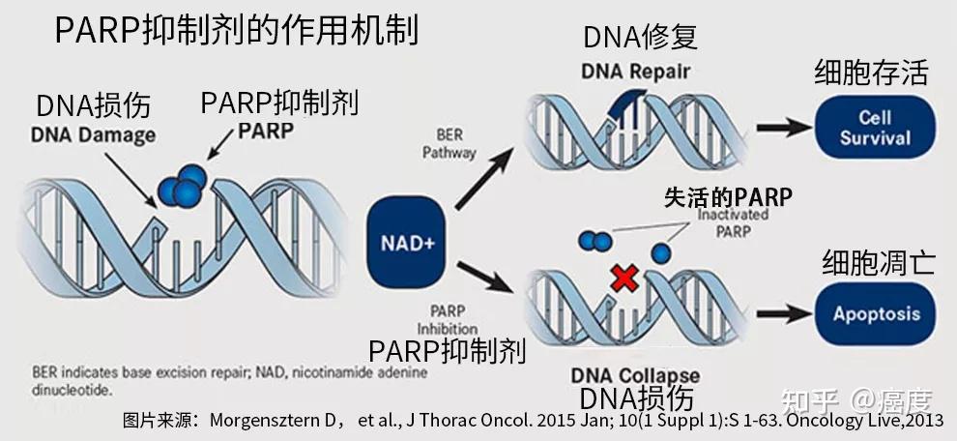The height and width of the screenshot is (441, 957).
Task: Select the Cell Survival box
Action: pos(875,127)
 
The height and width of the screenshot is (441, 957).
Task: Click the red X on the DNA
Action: pos(624,279)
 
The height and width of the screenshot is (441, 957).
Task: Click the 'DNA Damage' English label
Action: pos(93,135)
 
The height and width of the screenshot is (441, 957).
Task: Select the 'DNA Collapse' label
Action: pos(635,374)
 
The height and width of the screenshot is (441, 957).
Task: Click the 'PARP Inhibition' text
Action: pos(448,320)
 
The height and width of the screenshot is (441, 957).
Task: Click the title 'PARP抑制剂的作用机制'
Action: pos(237,31)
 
